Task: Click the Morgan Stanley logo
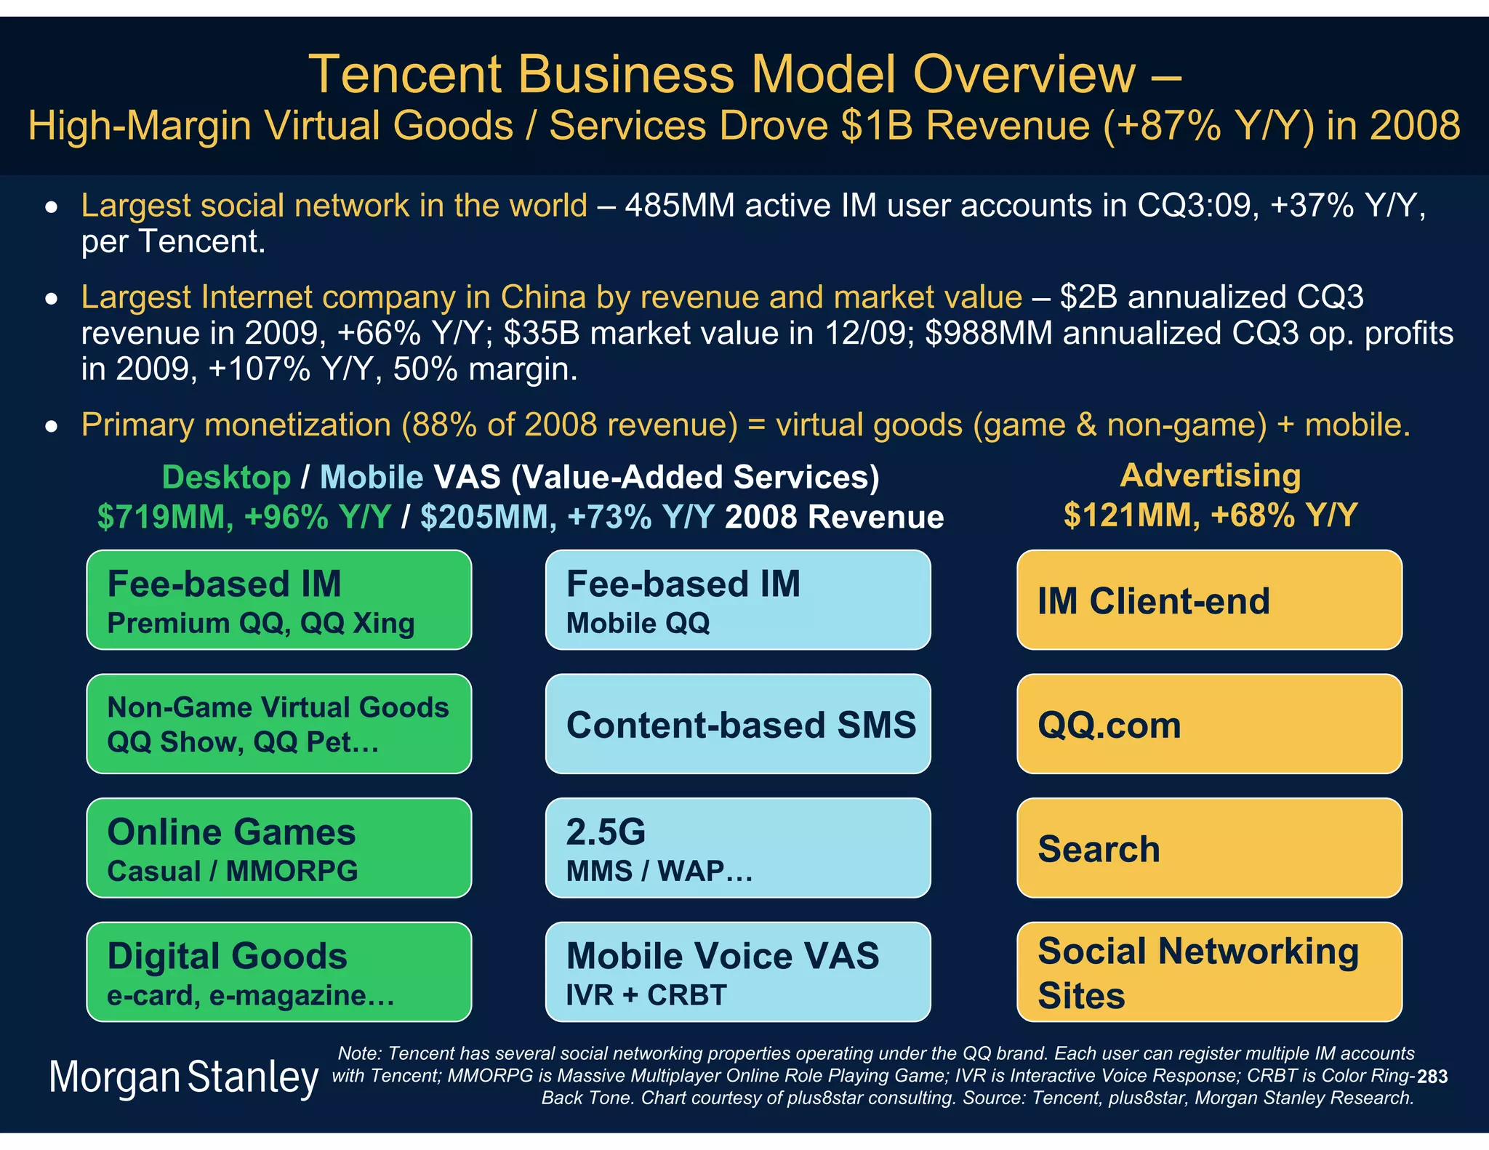183,1077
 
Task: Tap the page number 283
1432,1077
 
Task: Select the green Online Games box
278,848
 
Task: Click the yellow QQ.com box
1208,724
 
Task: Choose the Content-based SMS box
737,724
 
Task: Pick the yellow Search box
1208,848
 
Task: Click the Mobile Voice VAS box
737,972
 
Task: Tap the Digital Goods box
278,972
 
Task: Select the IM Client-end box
1208,600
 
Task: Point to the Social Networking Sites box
1208,972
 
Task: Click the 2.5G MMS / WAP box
737,848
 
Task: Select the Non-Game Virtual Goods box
278,724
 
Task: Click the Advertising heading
1210,475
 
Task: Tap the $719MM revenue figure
165,517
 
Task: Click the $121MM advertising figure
1131,515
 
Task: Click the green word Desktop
226,478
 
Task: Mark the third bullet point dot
51,427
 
